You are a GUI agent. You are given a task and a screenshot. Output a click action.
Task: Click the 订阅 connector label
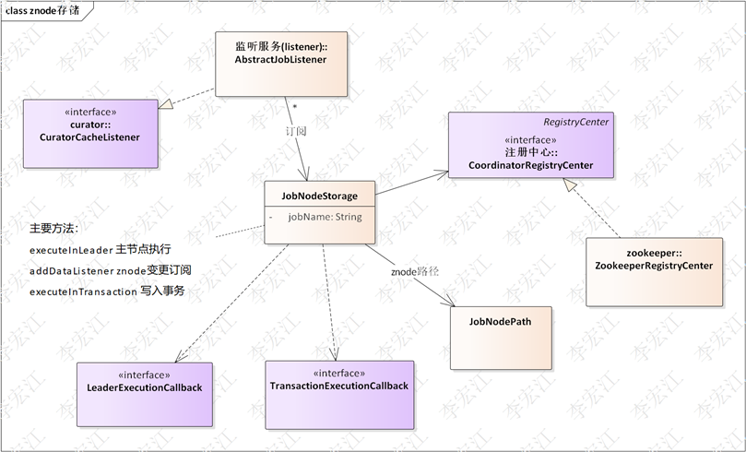294,131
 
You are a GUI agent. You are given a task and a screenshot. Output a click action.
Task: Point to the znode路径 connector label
415,272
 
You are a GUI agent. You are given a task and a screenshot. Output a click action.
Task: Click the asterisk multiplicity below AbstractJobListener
294,107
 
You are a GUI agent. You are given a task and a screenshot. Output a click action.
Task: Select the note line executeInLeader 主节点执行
101,250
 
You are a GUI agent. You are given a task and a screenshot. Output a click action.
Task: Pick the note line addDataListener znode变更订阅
111,270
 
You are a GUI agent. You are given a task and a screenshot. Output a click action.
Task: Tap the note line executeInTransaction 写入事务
107,291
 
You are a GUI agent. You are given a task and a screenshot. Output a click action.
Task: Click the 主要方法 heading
54,228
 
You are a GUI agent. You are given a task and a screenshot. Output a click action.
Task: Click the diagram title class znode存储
42,9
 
